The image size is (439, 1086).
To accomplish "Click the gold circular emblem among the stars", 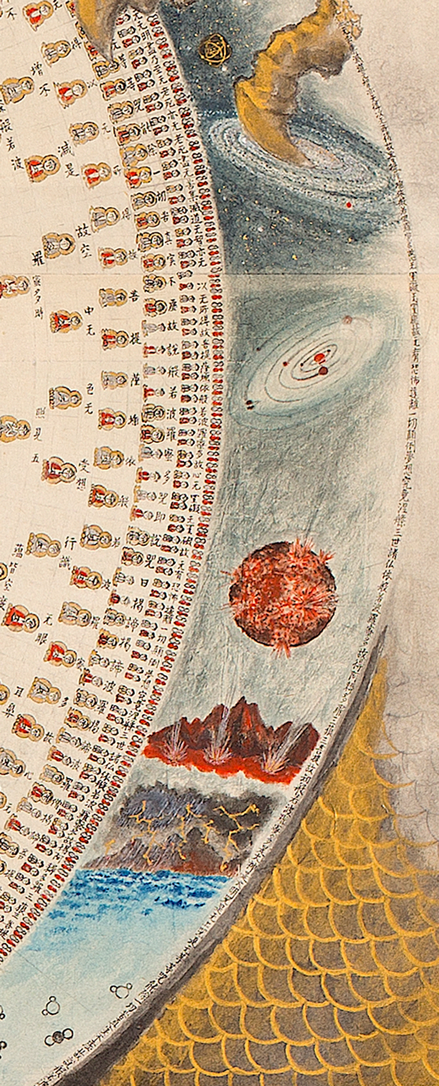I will click(215, 48).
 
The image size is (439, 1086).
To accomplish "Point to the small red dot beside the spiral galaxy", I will click(349, 205).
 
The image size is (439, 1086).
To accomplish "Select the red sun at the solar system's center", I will click(319, 359).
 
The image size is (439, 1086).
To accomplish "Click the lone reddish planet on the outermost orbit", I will click(347, 320).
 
